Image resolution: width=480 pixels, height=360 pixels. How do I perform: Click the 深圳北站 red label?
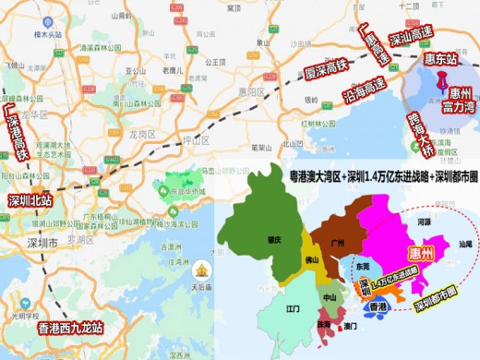tap(30, 200)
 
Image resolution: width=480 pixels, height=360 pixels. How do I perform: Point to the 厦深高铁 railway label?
tap(329, 71)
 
